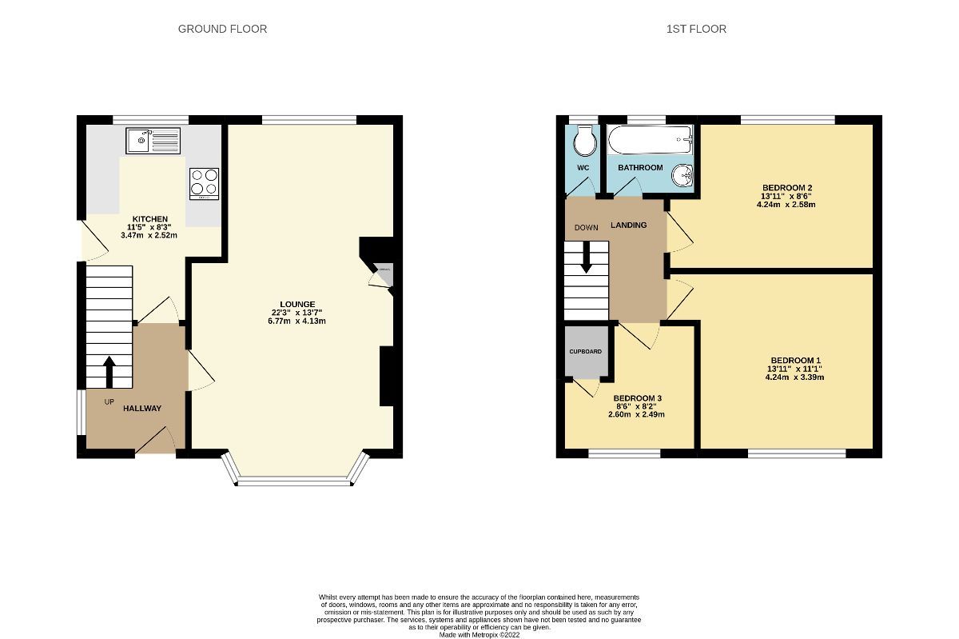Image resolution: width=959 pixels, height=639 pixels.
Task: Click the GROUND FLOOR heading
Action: (x=222, y=29)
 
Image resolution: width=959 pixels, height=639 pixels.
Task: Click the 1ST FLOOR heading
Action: (x=696, y=29)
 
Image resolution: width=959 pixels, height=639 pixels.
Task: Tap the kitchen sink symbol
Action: (x=153, y=142)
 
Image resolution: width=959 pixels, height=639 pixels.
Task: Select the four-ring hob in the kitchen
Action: (x=204, y=183)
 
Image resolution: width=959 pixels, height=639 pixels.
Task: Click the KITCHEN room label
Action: (x=150, y=219)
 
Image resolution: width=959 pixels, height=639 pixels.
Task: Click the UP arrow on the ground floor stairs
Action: (x=109, y=371)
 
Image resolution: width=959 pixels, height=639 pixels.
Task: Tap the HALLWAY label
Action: (x=142, y=409)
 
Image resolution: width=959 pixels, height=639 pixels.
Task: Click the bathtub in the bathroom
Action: (x=649, y=140)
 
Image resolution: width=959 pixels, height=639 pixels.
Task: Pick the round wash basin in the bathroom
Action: (x=682, y=175)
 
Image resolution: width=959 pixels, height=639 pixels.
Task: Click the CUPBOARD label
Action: (x=585, y=352)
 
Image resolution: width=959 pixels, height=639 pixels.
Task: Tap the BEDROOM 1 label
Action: (x=795, y=360)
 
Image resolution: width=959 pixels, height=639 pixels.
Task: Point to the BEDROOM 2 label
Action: (x=787, y=188)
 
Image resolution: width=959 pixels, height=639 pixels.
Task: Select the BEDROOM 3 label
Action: (x=637, y=398)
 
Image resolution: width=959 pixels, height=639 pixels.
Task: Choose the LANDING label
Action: (x=628, y=226)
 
